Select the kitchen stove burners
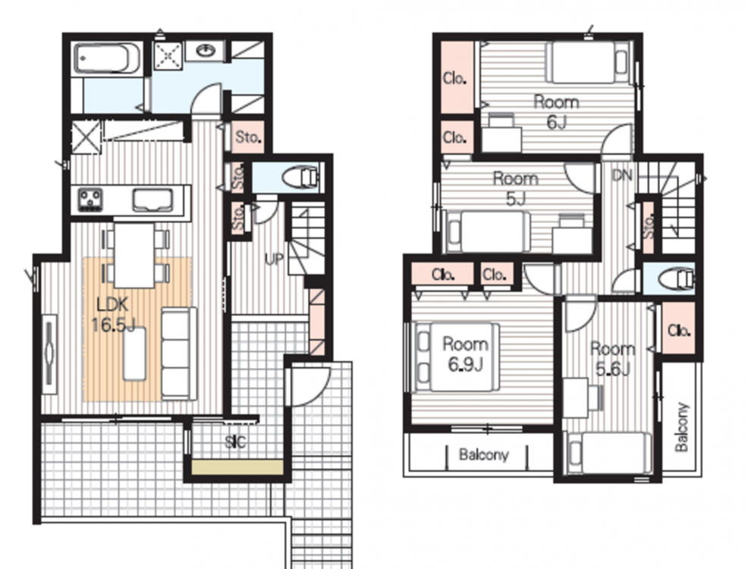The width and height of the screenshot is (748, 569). pyautogui.click(x=90, y=200)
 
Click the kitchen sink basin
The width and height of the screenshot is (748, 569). pyautogui.click(x=152, y=200)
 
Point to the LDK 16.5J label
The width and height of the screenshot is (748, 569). pyautogui.click(x=113, y=314)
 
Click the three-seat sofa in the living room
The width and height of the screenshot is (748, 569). pyautogui.click(x=179, y=354)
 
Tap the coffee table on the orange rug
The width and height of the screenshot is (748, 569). pyautogui.click(x=134, y=354)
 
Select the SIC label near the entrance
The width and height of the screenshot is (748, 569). pyautogui.click(x=235, y=442)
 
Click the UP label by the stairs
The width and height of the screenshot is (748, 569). pyautogui.click(x=274, y=259)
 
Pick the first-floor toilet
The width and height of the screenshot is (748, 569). pyautogui.click(x=300, y=178)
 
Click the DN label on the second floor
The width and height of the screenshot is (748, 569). pyautogui.click(x=621, y=176)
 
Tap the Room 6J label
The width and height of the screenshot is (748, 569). pyautogui.click(x=556, y=112)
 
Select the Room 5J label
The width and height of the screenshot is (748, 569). pyautogui.click(x=516, y=188)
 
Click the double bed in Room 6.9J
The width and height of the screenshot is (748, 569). pyautogui.click(x=457, y=357)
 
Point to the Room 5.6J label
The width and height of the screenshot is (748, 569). pyautogui.click(x=612, y=359)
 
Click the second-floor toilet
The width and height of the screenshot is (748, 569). pyautogui.click(x=675, y=279)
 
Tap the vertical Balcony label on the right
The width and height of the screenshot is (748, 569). pyautogui.click(x=682, y=427)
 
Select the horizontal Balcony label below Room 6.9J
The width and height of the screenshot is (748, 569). pyautogui.click(x=484, y=454)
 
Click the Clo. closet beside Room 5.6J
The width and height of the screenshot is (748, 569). pyautogui.click(x=679, y=329)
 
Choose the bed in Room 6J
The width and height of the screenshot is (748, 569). pyautogui.click(x=588, y=62)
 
